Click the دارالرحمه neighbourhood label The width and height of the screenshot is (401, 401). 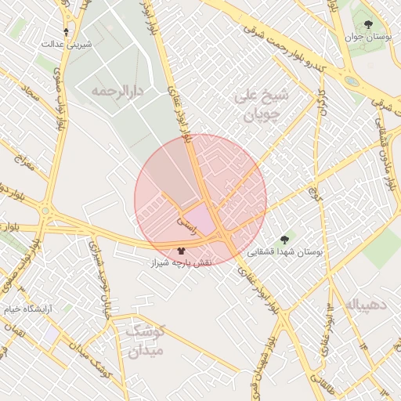click(118, 92)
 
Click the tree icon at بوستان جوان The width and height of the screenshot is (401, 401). click(368, 25)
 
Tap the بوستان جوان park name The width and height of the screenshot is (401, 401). click(367, 37)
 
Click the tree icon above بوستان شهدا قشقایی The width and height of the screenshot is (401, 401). click(284, 240)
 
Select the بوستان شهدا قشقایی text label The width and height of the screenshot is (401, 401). click(285, 252)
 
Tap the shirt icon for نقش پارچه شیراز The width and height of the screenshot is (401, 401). click(182, 252)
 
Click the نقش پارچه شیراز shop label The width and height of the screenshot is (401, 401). click(181, 264)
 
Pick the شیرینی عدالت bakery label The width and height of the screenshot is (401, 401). click(67, 44)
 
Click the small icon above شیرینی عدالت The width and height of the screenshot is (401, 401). click(66, 32)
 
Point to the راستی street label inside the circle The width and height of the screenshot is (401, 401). click(188, 222)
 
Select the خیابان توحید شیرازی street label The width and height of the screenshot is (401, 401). click(103, 273)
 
